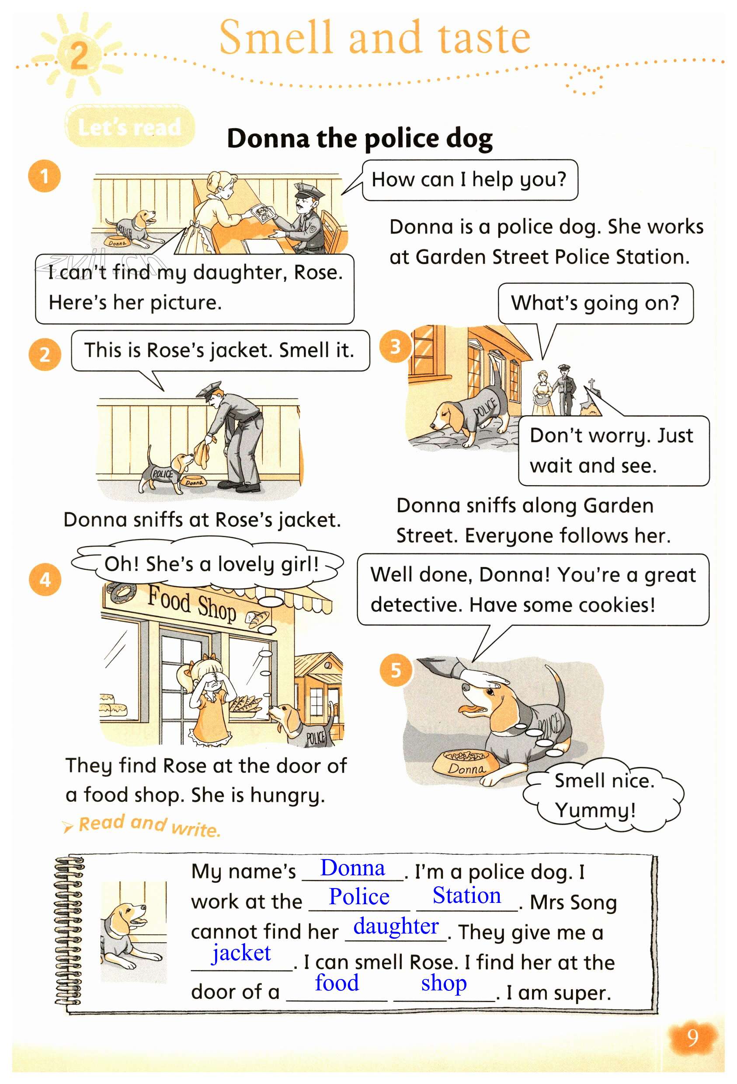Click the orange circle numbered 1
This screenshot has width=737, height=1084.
pos(44,176)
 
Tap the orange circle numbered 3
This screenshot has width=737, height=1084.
pos(395,346)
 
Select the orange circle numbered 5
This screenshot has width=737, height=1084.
pos(396,670)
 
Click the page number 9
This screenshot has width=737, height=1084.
pos(692,1037)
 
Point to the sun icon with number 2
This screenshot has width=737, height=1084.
pos(78,55)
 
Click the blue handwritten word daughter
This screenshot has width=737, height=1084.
pos(396,926)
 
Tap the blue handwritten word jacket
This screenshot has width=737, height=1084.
pos(241,952)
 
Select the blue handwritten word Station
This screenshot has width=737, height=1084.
pos(466,895)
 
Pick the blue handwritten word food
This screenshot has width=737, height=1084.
pos(337,983)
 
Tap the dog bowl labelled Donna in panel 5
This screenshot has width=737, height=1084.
pos(465,763)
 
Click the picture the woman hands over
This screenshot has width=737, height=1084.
pos(264,214)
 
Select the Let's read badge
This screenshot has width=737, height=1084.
pos(129,126)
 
